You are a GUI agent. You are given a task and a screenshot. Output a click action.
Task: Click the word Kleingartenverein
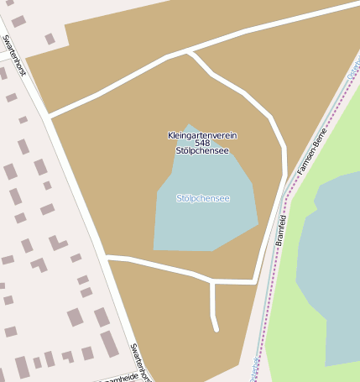pos(201,134)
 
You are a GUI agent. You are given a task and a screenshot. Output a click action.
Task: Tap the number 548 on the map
pos(201,143)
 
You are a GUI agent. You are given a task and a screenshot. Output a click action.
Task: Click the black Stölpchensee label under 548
pos(201,151)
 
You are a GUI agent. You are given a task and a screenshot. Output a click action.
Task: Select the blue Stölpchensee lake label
pos(202,198)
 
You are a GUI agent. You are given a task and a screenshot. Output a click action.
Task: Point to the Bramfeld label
pos(281,229)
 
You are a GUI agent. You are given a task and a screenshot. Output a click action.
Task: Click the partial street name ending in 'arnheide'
pos(120,378)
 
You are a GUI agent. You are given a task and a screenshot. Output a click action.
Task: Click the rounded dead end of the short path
pos(216,328)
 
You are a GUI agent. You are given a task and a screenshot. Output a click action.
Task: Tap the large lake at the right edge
pos(331,269)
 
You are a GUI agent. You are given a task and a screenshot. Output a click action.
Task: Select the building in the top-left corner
pos(18,21)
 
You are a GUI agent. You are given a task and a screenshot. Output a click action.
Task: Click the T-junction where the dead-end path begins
pos(213,281)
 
